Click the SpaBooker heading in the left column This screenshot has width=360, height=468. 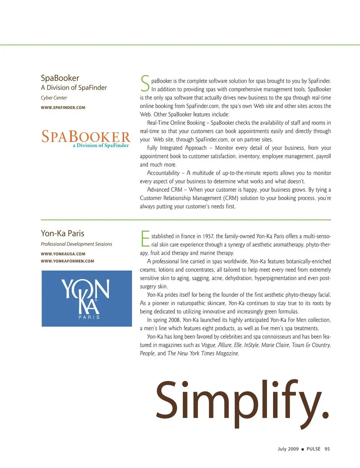(60, 78)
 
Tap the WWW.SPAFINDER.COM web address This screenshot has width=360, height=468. (63, 108)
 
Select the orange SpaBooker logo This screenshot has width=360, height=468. (86, 138)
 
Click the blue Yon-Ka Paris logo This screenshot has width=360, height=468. (87, 298)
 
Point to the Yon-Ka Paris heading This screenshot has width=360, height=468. (63, 233)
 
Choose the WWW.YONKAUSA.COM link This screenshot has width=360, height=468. (63, 254)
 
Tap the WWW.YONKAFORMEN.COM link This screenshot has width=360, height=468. (67, 261)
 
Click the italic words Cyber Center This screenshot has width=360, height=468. (54, 98)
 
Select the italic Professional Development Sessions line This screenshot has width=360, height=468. (76, 244)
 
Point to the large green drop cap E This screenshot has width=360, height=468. (145, 239)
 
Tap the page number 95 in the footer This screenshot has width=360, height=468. (327, 449)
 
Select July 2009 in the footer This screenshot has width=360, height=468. (288, 449)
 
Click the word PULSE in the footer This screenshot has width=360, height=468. (313, 449)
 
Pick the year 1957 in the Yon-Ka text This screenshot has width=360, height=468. (208, 236)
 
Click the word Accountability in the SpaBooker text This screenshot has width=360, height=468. (163, 173)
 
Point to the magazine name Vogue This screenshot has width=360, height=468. (208, 345)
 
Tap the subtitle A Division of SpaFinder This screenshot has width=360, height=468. (74, 88)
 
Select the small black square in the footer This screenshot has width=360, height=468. (303, 449)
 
